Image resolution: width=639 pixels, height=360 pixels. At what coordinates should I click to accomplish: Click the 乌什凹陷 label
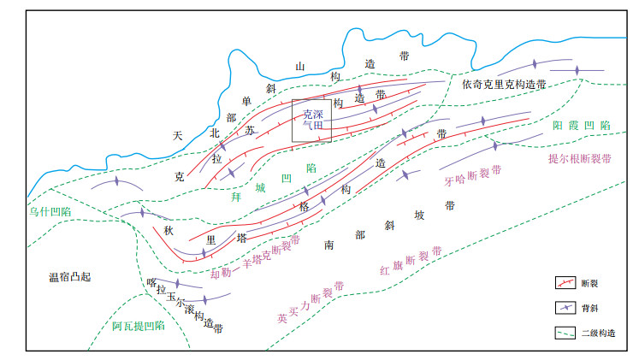49,210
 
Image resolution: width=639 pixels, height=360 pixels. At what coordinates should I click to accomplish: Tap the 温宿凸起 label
69,277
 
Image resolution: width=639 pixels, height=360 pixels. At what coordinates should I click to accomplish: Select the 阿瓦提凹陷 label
138,326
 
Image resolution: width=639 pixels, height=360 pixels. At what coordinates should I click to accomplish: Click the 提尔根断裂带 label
580,159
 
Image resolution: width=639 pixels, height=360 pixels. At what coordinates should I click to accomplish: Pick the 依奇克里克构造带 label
504,84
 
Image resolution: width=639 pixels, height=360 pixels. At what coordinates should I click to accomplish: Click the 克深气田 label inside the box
312,119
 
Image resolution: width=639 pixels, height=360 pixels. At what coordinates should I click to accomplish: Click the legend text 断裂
589,282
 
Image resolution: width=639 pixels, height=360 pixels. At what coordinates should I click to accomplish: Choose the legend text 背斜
589,308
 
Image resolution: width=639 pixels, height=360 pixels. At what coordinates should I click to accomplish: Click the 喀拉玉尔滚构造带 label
184,304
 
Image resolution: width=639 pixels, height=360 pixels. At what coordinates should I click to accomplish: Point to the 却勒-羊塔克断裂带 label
256,257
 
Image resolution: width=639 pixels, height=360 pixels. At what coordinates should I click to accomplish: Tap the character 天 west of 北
177,135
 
